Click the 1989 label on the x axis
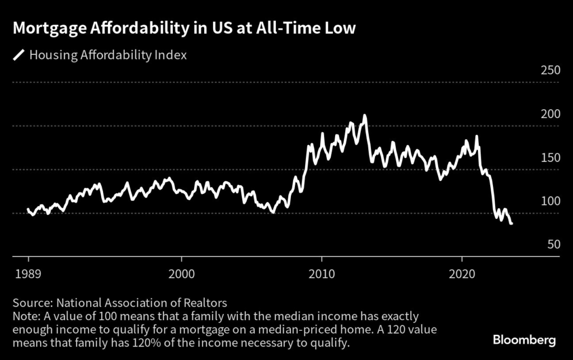[28, 275]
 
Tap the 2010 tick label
[322, 275]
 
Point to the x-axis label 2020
[462, 275]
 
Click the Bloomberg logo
[524, 340]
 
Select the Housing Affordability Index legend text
[108, 55]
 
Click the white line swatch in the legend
[19, 55]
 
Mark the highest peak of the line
[365, 115]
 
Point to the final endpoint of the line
[512, 224]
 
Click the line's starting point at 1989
[28, 209]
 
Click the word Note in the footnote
[24, 317]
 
